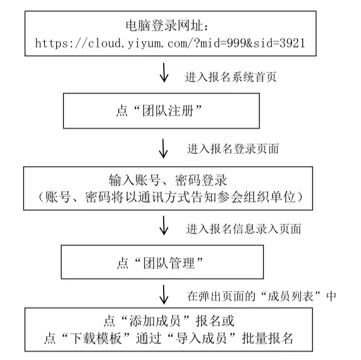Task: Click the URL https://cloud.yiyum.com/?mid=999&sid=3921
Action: [x=170, y=42]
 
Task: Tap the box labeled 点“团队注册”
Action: [x=161, y=110]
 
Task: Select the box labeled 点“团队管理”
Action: [x=161, y=262]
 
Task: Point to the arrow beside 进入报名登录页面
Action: [x=164, y=149]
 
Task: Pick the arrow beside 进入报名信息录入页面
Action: [x=164, y=227]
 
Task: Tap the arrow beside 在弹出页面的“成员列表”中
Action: [x=164, y=294]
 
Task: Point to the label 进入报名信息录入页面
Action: [x=244, y=228]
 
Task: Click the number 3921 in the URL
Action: [x=292, y=42]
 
